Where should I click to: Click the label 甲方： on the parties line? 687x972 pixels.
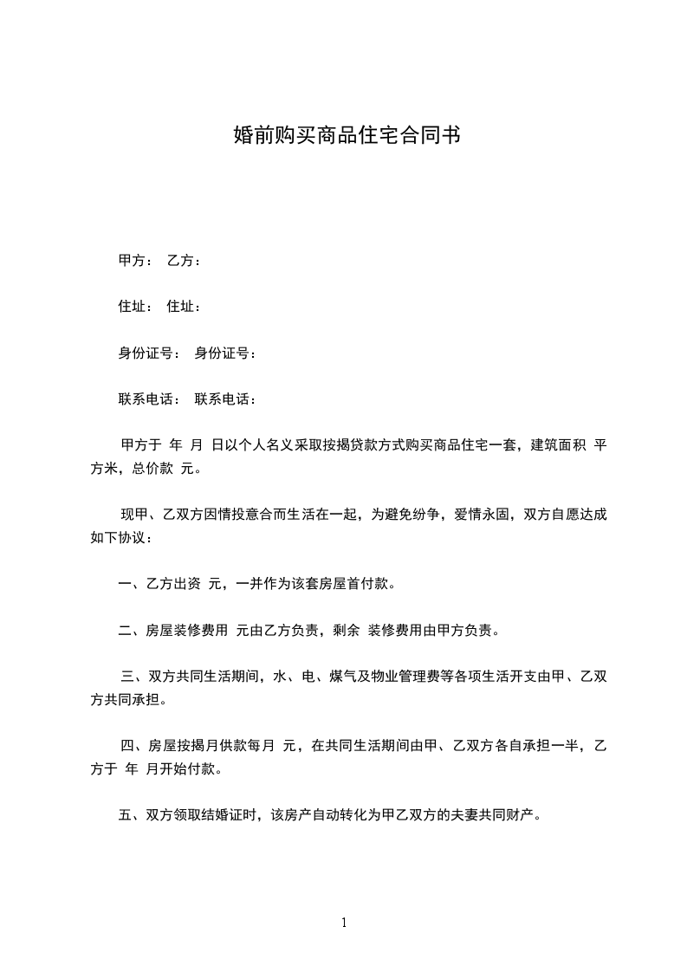coord(135,261)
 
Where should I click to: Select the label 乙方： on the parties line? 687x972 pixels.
coord(184,261)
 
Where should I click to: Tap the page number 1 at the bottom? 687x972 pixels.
coord(344,923)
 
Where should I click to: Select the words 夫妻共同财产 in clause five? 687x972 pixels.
coord(497,814)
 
